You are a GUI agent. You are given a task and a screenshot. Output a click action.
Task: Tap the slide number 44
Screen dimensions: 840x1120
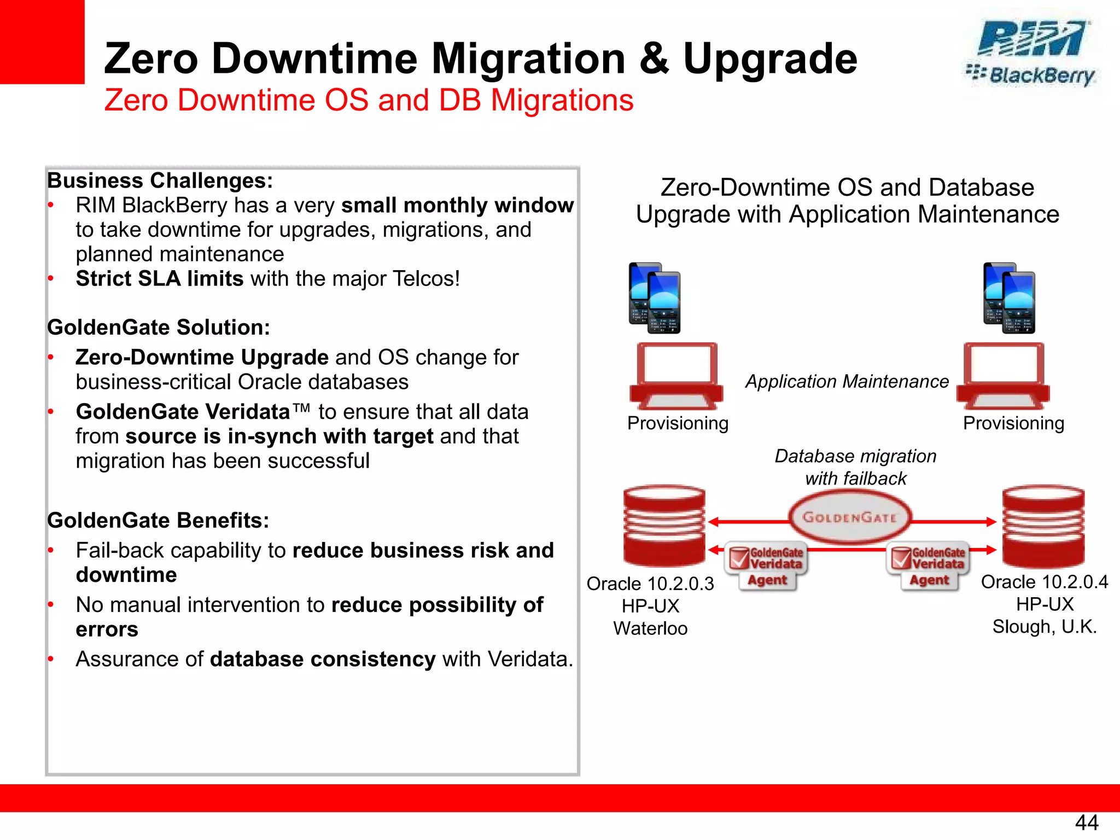click(1086, 822)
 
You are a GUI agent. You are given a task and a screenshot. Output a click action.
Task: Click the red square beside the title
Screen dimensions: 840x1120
click(42, 42)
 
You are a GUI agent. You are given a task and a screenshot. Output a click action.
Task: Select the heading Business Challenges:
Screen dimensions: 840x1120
click(160, 180)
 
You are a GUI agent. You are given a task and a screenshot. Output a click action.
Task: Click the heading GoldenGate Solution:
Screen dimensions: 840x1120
click(159, 327)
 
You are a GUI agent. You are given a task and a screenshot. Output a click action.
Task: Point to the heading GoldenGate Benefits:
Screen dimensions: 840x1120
click(158, 520)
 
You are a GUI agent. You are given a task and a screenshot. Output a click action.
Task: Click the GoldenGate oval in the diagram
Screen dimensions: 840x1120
click(849, 517)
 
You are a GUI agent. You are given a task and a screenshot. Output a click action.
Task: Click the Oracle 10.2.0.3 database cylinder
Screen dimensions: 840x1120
click(664, 526)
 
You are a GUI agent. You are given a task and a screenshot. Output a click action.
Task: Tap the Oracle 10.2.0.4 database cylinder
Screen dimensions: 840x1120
click(1043, 526)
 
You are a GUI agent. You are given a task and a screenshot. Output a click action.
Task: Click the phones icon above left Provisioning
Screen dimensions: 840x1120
click(655, 298)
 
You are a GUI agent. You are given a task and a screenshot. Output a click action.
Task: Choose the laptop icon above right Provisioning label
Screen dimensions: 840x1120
click(1004, 376)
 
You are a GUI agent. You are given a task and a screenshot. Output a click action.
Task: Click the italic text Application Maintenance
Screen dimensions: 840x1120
click(847, 381)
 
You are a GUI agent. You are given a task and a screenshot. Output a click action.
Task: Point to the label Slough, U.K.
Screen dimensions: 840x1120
click(1045, 627)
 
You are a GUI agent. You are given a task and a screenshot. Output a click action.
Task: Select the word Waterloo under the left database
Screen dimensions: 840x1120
click(650, 628)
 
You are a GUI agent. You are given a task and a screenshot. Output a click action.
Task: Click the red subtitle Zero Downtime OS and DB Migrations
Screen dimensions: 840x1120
click(369, 101)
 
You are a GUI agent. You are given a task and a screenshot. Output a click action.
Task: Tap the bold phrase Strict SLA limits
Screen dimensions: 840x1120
click(159, 279)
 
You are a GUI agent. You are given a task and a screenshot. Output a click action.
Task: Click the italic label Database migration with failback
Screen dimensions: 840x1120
click(855, 467)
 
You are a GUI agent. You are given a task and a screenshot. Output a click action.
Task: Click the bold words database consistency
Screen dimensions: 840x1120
click(323, 659)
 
